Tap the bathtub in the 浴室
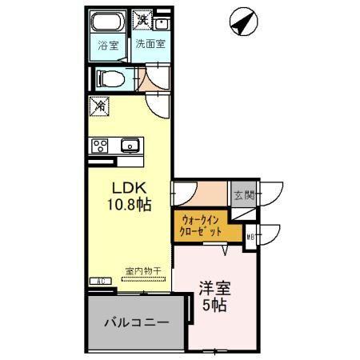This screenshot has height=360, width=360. pyautogui.click(x=106, y=22)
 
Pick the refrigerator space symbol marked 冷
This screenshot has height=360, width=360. pyautogui.click(x=100, y=105)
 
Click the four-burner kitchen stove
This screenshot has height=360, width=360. pyautogui.click(x=100, y=145)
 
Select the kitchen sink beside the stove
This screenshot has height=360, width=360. pyautogui.click(x=130, y=145)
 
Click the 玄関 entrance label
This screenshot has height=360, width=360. pyautogui.click(x=243, y=195)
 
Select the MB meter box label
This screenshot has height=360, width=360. pyautogui.click(x=250, y=236)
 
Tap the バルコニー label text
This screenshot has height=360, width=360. pyautogui.click(x=137, y=323)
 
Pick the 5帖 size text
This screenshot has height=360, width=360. pyautogui.click(x=214, y=306)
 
